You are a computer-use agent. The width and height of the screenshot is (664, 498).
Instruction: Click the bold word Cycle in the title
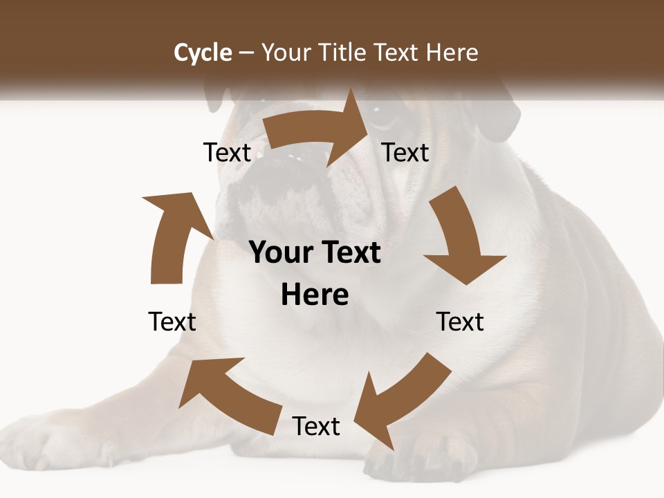pyautogui.click(x=203, y=53)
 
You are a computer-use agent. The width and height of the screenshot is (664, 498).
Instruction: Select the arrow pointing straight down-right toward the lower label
pyautogui.click(x=460, y=239)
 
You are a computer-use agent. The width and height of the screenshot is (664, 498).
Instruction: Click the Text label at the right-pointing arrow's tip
pyautogui.click(x=405, y=152)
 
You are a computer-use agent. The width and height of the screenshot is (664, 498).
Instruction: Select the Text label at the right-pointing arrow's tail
pyautogui.click(x=227, y=152)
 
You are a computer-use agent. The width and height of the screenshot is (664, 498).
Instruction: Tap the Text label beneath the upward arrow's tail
pyautogui.click(x=172, y=322)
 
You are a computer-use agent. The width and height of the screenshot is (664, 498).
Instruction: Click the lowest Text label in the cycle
pyautogui.click(x=316, y=426)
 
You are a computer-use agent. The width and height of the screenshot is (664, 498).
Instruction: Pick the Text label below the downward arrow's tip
pyautogui.click(x=460, y=322)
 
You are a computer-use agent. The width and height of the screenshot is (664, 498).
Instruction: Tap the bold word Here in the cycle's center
pyautogui.click(x=315, y=295)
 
